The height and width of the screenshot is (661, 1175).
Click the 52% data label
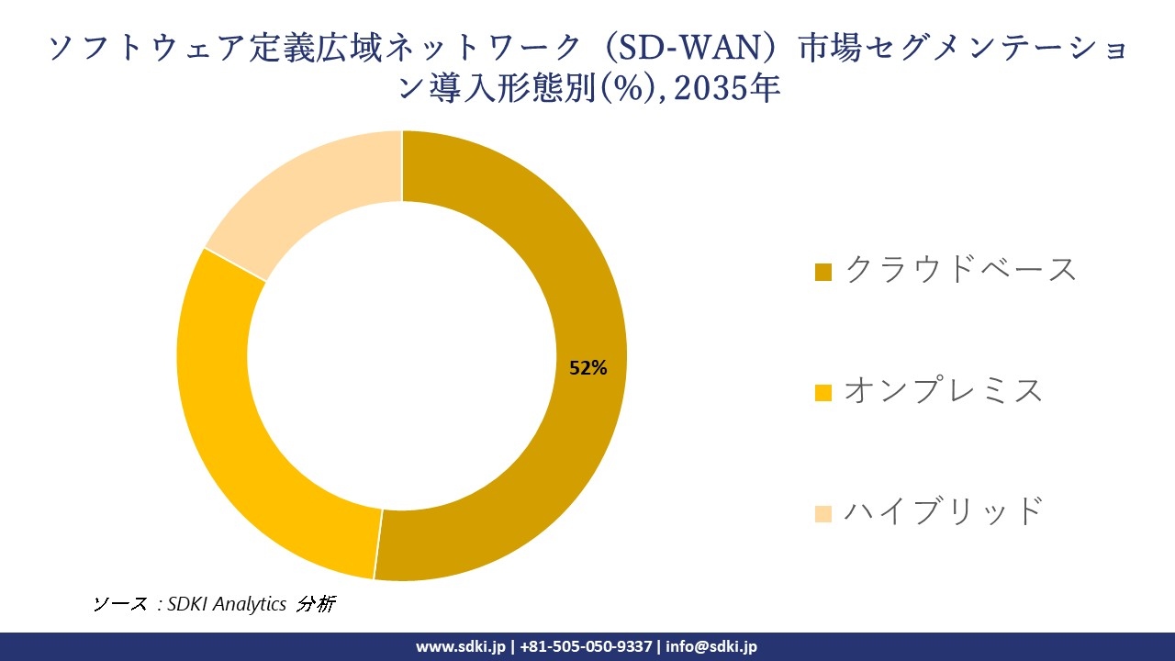pos(588,368)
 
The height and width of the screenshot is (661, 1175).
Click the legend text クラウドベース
pos(959,270)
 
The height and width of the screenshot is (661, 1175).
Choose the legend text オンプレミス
pos(943,390)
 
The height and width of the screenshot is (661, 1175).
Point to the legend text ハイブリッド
pos(943,510)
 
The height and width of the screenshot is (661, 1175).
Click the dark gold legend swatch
pos(823,273)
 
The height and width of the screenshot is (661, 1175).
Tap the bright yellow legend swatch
pos(823,393)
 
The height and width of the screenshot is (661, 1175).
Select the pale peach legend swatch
pos(823,513)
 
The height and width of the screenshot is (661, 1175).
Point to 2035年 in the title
pos(729,90)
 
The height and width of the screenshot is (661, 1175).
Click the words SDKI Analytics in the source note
pos(227,604)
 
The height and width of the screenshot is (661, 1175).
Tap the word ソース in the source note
pos(119,604)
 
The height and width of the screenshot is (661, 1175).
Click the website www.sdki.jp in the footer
pos(461,646)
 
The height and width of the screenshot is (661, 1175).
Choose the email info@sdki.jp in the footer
pos(711,646)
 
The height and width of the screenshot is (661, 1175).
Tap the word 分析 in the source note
pos(317,604)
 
